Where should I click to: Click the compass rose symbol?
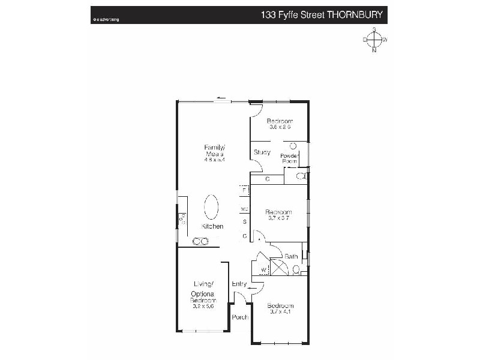click(374, 40)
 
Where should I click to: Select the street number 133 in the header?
click(269, 14)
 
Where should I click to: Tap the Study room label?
click(261, 152)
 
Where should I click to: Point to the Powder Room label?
click(289, 158)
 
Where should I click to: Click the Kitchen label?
click(212, 226)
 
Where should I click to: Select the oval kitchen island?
click(212, 208)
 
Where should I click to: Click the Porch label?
click(240, 317)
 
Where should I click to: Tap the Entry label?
click(239, 284)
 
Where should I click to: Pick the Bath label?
click(291, 256)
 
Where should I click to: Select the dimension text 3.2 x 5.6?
click(203, 306)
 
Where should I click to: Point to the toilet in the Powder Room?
click(300, 176)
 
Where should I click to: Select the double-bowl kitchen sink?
click(200, 241)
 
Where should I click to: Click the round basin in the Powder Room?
click(293, 146)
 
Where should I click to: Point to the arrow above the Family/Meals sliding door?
click(221, 98)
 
